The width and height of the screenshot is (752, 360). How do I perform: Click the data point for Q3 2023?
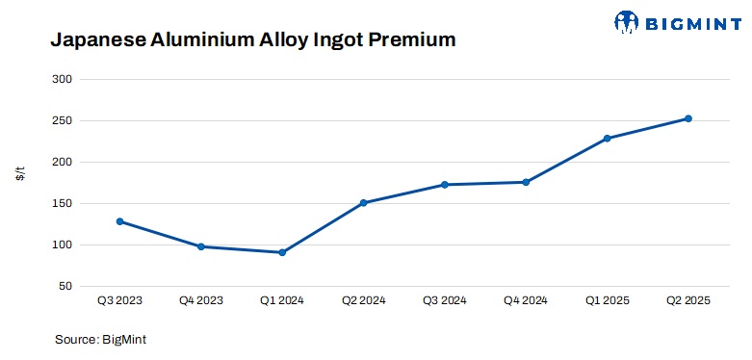119,221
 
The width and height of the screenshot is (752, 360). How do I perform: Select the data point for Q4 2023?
201,246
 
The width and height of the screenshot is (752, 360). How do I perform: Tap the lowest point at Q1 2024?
282,252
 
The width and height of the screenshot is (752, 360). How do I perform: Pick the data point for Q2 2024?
363,203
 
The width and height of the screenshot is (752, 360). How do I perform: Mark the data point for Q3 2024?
445,185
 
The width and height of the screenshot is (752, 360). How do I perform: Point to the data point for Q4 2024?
526,182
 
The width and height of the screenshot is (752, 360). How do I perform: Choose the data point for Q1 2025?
608,139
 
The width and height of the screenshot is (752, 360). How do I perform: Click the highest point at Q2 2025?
688,118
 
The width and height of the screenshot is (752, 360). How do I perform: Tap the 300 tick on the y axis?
61,80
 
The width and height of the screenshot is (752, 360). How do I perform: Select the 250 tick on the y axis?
61,121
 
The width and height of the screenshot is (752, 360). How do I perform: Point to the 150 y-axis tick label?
61,204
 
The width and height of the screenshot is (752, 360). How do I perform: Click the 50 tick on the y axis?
64,287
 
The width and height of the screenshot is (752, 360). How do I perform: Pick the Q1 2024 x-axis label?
282,301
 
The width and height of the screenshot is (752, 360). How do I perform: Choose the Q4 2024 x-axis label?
526,301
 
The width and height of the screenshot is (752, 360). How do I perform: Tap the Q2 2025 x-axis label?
688,301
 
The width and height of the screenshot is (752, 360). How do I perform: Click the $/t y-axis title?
20,173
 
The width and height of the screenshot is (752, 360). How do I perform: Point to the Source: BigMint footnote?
100,339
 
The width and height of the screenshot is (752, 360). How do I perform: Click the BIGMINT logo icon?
627,20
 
